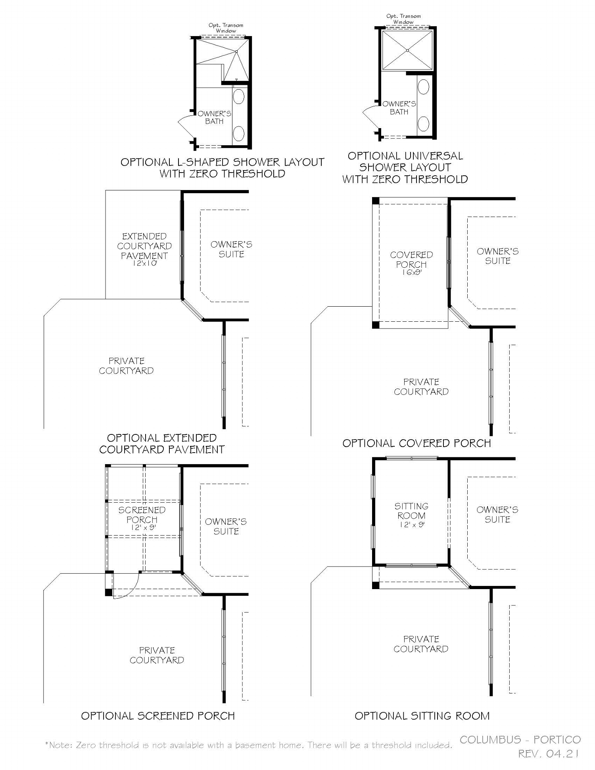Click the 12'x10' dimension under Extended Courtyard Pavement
[x=144, y=263]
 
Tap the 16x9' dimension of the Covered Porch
[x=411, y=273]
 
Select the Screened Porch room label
[x=142, y=515]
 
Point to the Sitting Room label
[x=411, y=511]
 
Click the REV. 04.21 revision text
[x=549, y=754]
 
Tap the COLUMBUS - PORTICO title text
[x=520, y=739]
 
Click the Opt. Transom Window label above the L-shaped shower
[x=226, y=28]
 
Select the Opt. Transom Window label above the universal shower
[x=403, y=19]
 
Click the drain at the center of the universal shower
[x=407, y=50]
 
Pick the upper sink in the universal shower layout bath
[x=424, y=87]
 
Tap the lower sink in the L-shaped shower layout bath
[x=238, y=134]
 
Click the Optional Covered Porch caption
[x=416, y=443]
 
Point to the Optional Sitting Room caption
[x=422, y=716]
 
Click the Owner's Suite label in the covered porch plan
[x=497, y=256]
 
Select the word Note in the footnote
[x=60, y=745]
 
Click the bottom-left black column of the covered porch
[x=376, y=325]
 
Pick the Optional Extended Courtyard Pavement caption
[x=162, y=444]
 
